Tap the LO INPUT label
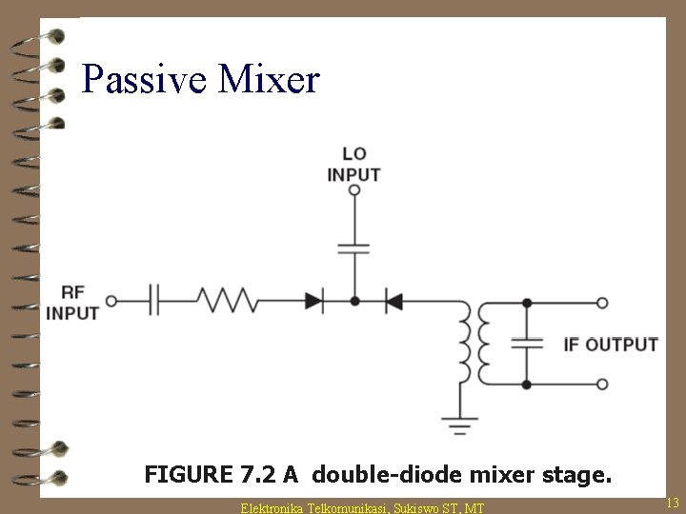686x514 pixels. (x=353, y=165)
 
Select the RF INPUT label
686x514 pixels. (x=72, y=302)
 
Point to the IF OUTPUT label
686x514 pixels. (x=611, y=344)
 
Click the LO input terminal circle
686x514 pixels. (x=354, y=190)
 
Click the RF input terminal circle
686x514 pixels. (x=111, y=301)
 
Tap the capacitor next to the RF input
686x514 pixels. (x=156, y=301)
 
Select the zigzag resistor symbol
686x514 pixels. (x=227, y=301)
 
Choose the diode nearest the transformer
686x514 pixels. (x=393, y=301)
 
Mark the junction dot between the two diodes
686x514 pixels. (x=354, y=301)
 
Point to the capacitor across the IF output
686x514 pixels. (x=527, y=343)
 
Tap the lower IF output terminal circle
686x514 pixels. (x=602, y=385)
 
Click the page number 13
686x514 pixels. (x=672, y=502)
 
